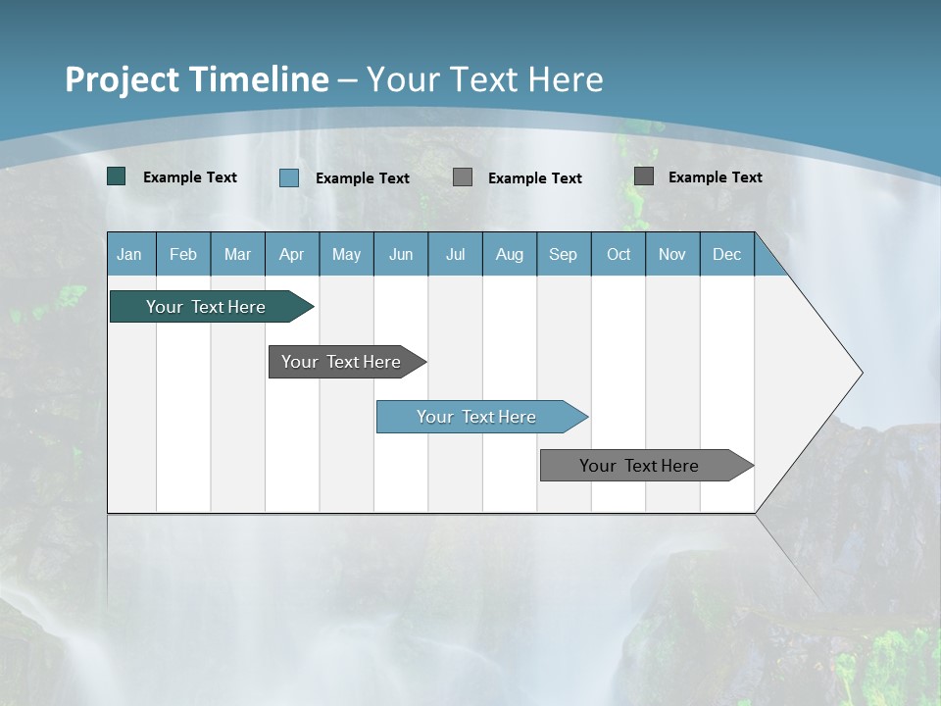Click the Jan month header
pos(129,255)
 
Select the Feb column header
pos(183,255)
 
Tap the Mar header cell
pos(237,255)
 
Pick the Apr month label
pos(292,255)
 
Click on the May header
pos(346,255)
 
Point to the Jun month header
pos(401,255)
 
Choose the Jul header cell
pos(455,255)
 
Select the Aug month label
pos(510,255)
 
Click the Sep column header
pos(564,255)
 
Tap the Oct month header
pos(619,255)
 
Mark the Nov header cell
pos(672,255)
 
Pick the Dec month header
pos(727,255)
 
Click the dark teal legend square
pos(117,176)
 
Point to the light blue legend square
pos(289,177)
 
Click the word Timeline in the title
pos(258,79)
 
